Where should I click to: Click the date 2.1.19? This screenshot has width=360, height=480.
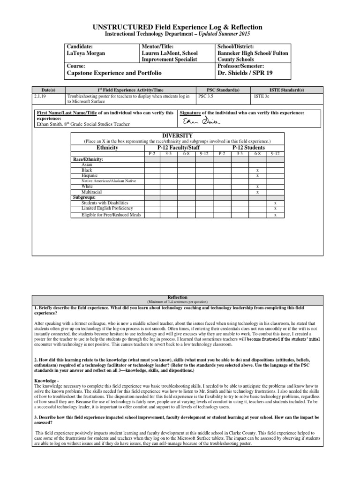point(41,96)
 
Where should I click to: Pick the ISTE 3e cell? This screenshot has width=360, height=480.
point(261,96)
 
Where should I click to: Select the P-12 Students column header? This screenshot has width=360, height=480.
point(248,147)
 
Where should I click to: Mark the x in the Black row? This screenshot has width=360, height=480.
point(257,170)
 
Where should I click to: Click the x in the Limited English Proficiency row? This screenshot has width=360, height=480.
point(275,209)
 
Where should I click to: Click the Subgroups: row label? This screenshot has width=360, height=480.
point(84,197)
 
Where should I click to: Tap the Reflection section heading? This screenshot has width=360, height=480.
point(180,298)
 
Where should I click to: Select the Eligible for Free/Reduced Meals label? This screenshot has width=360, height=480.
point(111,215)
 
